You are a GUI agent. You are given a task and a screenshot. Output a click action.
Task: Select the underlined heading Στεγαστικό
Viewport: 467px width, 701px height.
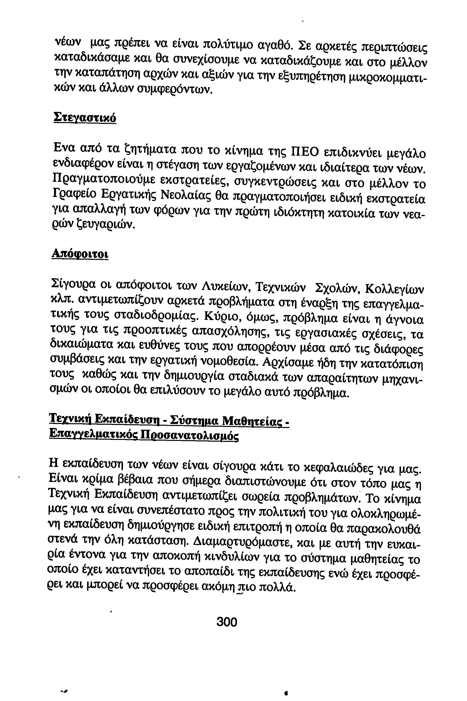[x=84, y=118]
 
